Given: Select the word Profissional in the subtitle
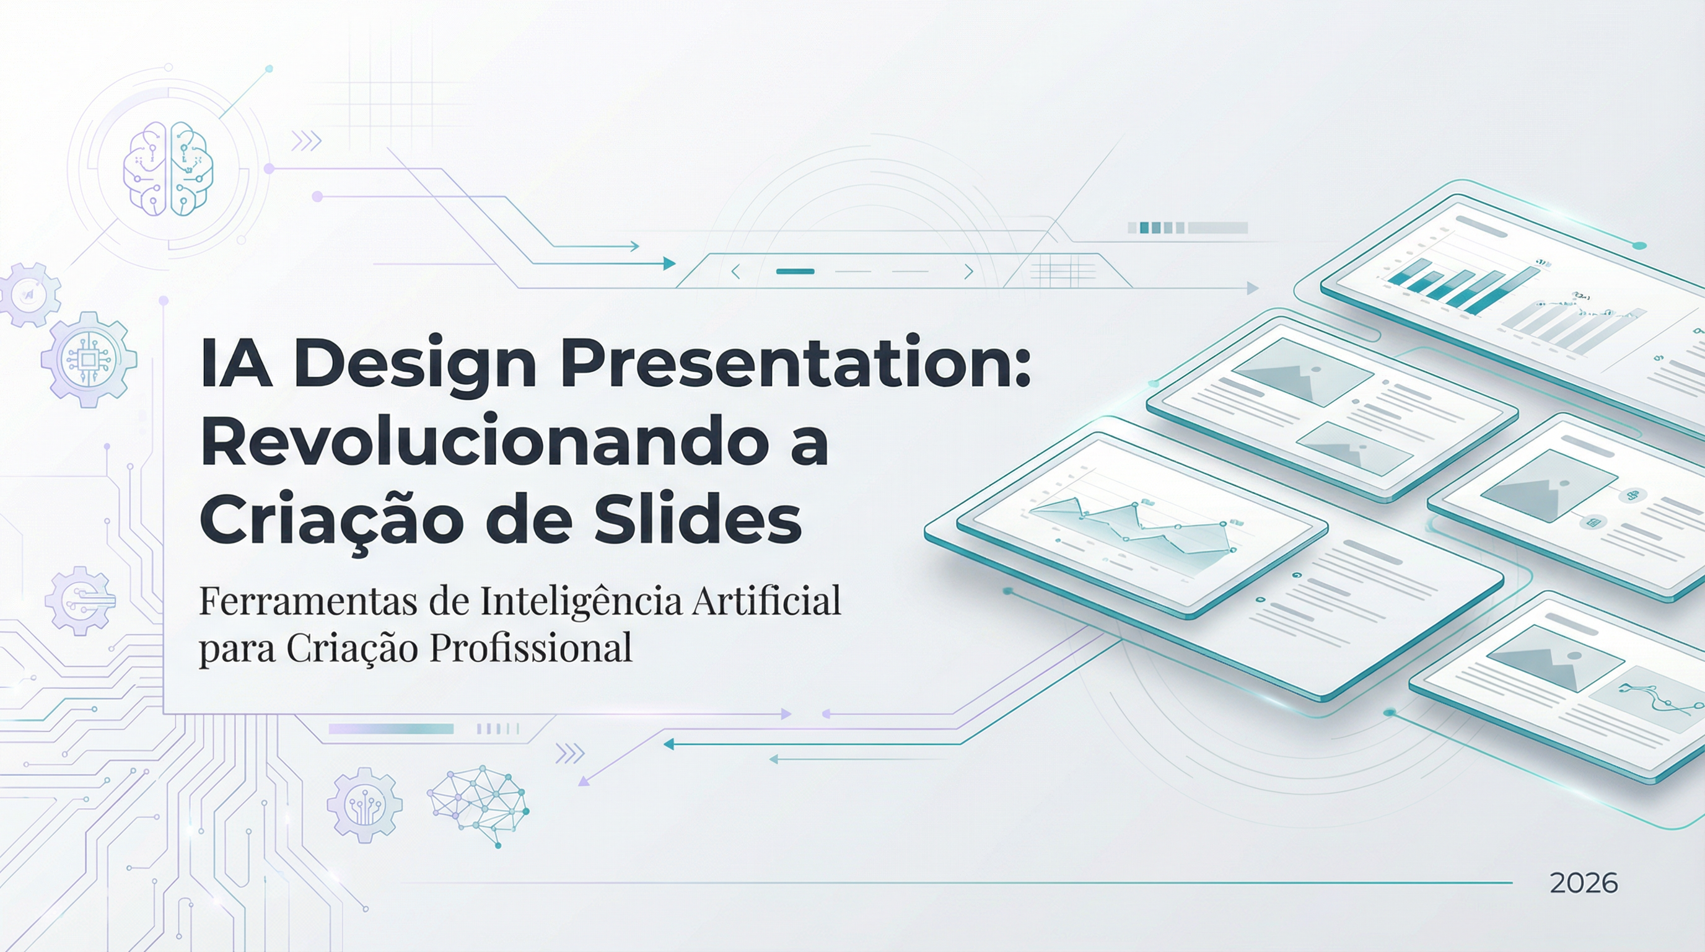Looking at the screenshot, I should click(531, 649).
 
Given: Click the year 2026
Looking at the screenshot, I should click(1583, 884).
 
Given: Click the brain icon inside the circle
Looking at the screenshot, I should click(168, 169).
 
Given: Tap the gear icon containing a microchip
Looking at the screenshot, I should click(89, 359).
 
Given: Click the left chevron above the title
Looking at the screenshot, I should click(735, 271).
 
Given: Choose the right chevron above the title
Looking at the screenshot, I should click(968, 271).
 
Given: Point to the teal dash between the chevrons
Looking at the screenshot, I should click(795, 271).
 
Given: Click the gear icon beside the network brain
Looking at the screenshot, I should click(364, 804).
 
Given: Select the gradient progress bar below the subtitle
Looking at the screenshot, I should click(390, 729).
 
